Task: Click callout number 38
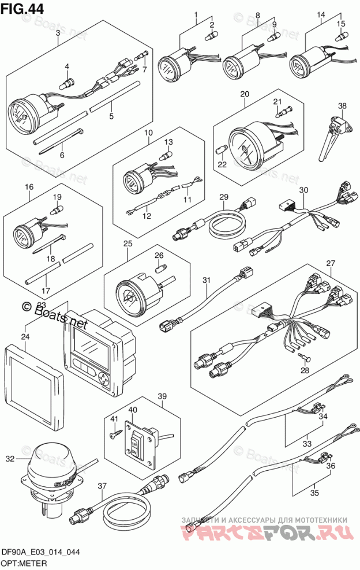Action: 343,106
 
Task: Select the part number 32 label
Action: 9,459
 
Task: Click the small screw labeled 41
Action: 115,427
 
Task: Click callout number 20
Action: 245,93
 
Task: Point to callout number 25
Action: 128,243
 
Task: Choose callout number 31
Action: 206,280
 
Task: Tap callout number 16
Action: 29,187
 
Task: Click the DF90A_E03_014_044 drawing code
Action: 40,552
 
